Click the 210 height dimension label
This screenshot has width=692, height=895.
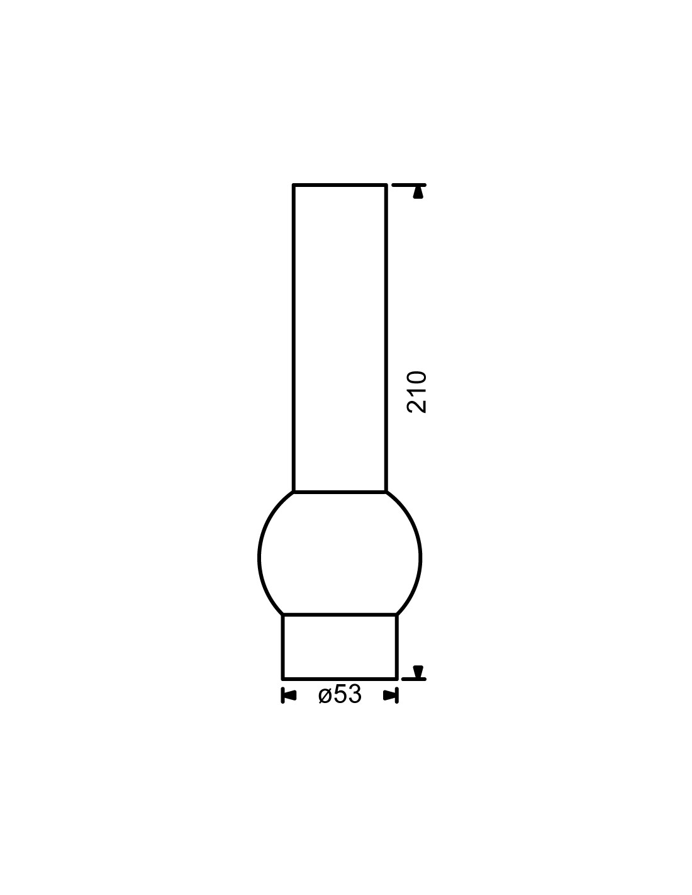pyautogui.click(x=416, y=391)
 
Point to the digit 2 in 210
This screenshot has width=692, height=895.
pyautogui.click(x=416, y=406)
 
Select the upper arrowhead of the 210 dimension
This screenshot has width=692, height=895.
pyautogui.click(x=418, y=193)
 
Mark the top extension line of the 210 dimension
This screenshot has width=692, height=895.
pyautogui.click(x=409, y=185)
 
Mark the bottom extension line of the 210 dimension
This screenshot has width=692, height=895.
pyautogui.click(x=414, y=678)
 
